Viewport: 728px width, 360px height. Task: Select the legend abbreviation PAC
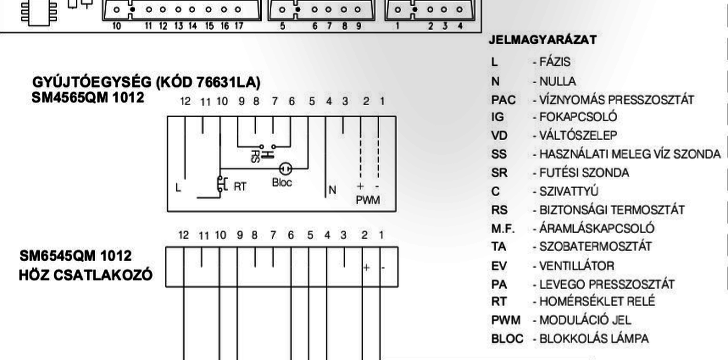503,100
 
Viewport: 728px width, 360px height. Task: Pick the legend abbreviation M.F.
502,229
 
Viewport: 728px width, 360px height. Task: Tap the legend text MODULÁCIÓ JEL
584,320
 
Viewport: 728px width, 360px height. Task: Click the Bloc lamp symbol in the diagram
286,168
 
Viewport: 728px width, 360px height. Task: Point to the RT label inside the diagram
240,185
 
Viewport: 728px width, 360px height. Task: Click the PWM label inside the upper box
367,200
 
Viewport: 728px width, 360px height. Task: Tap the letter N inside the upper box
333,191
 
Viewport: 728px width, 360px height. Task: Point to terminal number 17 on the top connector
238,26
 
